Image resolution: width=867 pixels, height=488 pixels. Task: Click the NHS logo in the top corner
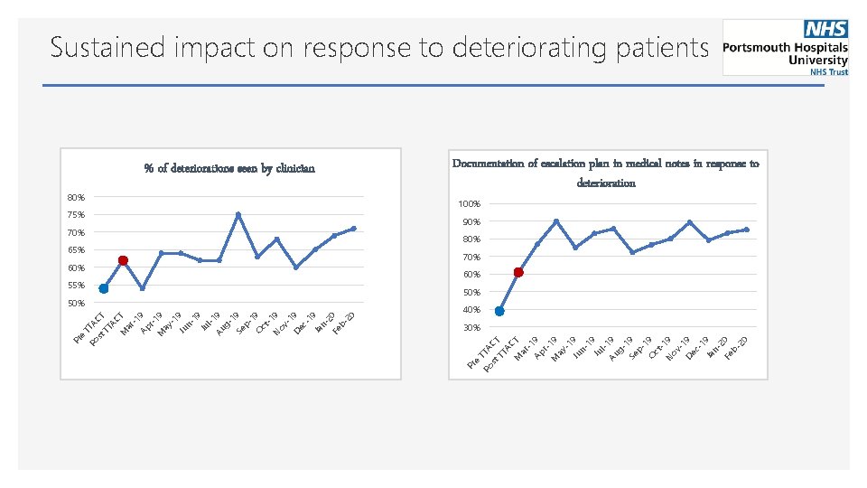coord(826,29)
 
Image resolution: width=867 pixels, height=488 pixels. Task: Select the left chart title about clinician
coord(229,168)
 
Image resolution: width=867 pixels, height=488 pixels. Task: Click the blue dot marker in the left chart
coord(104,289)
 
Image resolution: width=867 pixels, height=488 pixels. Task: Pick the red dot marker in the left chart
coord(123,260)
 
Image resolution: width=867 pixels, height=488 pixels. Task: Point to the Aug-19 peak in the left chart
coord(238,214)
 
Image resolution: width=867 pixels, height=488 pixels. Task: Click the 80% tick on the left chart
coord(76,197)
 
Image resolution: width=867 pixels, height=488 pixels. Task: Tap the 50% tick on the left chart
coord(76,303)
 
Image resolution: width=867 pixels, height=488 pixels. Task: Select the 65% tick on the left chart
coord(76,249)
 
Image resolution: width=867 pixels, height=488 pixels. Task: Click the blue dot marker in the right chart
coord(499,312)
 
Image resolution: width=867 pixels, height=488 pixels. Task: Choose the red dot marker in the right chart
coord(518,272)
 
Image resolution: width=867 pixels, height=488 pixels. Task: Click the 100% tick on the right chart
coord(468,204)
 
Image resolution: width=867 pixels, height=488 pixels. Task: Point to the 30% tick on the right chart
coord(468,327)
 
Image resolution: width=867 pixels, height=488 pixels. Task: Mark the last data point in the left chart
coord(354,228)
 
